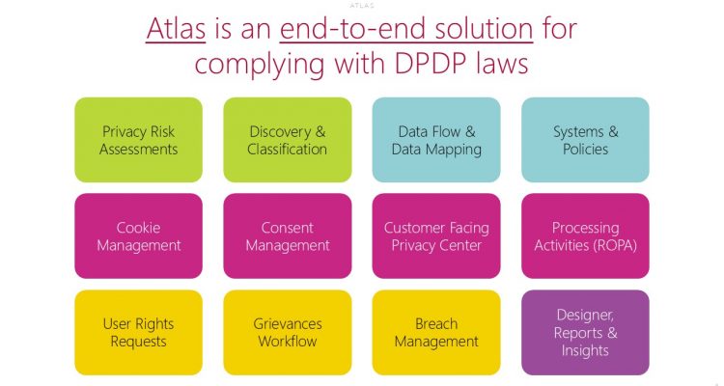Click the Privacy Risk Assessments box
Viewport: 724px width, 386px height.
[138, 140]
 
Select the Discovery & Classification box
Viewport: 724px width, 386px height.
[287, 140]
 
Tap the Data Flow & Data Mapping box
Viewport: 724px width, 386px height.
[436, 140]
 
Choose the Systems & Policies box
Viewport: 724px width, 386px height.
[585, 140]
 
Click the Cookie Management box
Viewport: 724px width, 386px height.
[138, 236]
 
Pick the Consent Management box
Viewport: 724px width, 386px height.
[287, 236]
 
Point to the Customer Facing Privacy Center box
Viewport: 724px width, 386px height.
[436, 236]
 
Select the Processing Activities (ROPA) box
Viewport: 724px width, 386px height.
[585, 236]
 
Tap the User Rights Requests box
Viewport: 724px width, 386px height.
[138, 332]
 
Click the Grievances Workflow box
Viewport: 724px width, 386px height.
[287, 332]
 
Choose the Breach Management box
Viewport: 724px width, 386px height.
[436, 332]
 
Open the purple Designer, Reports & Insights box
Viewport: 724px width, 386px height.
[585, 332]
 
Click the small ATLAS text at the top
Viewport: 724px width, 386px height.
[362, 5]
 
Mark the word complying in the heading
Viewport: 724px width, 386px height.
[252, 65]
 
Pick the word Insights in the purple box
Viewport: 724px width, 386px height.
[585, 349]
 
